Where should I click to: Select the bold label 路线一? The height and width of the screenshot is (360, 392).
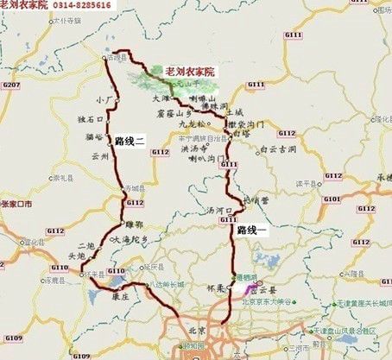coord(257,231)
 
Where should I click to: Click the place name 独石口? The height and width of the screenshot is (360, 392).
coord(91,120)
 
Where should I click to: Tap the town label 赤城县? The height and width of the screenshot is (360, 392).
coord(136,187)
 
